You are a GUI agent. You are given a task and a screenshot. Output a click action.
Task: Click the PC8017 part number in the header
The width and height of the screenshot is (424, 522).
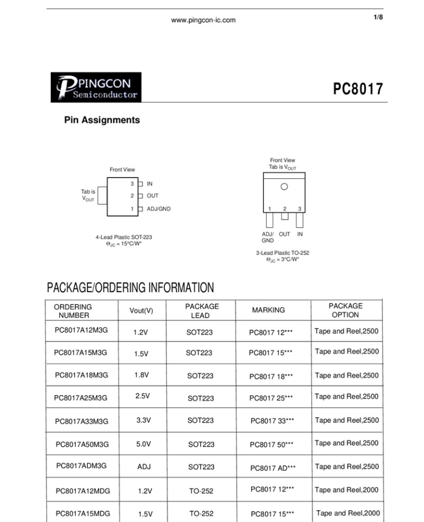[x=358, y=89]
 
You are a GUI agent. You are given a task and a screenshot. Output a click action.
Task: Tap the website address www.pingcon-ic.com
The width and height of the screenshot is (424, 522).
[x=203, y=20]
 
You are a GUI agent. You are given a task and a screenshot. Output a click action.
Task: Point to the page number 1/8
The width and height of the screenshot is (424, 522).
[x=378, y=18]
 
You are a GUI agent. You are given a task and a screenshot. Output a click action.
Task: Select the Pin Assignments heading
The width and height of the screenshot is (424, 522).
[x=102, y=120]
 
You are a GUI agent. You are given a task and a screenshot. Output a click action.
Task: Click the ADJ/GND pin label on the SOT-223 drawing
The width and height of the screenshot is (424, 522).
[x=158, y=209]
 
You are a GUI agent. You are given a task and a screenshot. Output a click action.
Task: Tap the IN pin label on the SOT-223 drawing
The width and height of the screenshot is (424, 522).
[x=149, y=184]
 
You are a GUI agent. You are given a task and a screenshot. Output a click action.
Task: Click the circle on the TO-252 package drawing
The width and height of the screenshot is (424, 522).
[x=284, y=186]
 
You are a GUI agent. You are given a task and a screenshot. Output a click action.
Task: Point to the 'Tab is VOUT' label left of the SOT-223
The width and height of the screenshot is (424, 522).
[x=88, y=195]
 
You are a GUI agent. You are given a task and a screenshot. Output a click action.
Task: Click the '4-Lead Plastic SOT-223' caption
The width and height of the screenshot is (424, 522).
[x=124, y=237]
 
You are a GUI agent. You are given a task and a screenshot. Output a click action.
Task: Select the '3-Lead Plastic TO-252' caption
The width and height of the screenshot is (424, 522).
[x=282, y=253]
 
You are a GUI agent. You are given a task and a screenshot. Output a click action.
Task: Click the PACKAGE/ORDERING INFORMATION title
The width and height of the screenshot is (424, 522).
[x=131, y=288]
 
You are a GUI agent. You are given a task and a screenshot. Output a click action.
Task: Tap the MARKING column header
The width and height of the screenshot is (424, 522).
[x=268, y=310]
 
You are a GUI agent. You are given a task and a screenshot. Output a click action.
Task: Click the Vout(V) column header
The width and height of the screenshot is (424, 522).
[x=141, y=310]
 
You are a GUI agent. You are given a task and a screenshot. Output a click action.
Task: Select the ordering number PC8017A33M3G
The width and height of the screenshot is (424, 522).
[x=81, y=421]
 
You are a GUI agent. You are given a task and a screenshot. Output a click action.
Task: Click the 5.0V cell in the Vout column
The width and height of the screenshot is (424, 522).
[x=144, y=443]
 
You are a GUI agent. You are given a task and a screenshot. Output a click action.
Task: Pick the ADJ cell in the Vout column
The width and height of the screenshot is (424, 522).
[x=144, y=466]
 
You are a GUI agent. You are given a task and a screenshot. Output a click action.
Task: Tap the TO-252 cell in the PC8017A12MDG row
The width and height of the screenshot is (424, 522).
[x=201, y=490]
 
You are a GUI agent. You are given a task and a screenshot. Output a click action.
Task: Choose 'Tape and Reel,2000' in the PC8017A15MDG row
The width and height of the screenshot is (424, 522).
[x=348, y=513]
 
